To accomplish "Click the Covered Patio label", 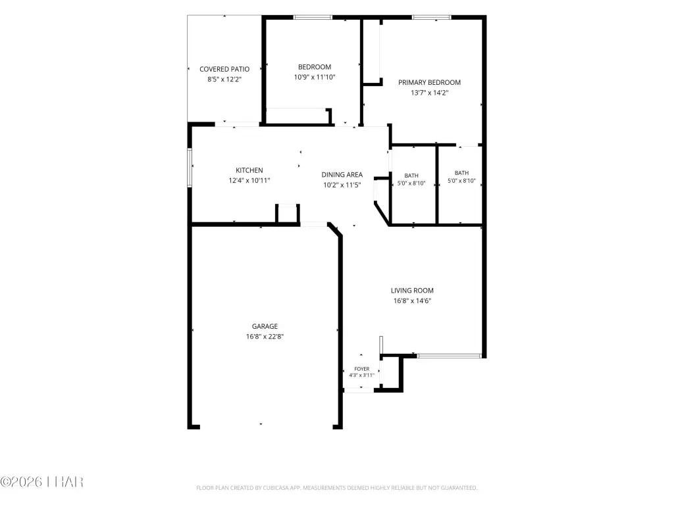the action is (224, 69).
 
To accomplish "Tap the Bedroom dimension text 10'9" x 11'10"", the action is (315, 78).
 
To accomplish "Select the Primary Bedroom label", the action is (429, 82).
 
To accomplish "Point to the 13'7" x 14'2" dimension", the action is (429, 93).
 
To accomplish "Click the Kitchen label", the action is (249, 170).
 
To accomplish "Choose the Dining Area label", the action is (342, 175).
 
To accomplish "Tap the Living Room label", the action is (412, 291).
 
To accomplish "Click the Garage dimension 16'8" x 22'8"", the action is (265, 337).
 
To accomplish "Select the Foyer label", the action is (362, 369).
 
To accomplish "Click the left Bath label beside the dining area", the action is (411, 176).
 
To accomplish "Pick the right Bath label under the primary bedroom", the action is (461, 173).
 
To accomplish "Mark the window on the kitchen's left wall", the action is (190, 168).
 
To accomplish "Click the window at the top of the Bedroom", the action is (313, 18).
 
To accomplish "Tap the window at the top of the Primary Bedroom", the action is (432, 18).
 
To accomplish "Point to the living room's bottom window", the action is (449, 356).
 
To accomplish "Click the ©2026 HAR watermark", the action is (41, 482).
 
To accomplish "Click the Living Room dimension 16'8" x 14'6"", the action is (412, 301).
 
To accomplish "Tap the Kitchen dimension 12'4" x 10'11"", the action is (249, 181).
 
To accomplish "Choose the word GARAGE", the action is (265, 326).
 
